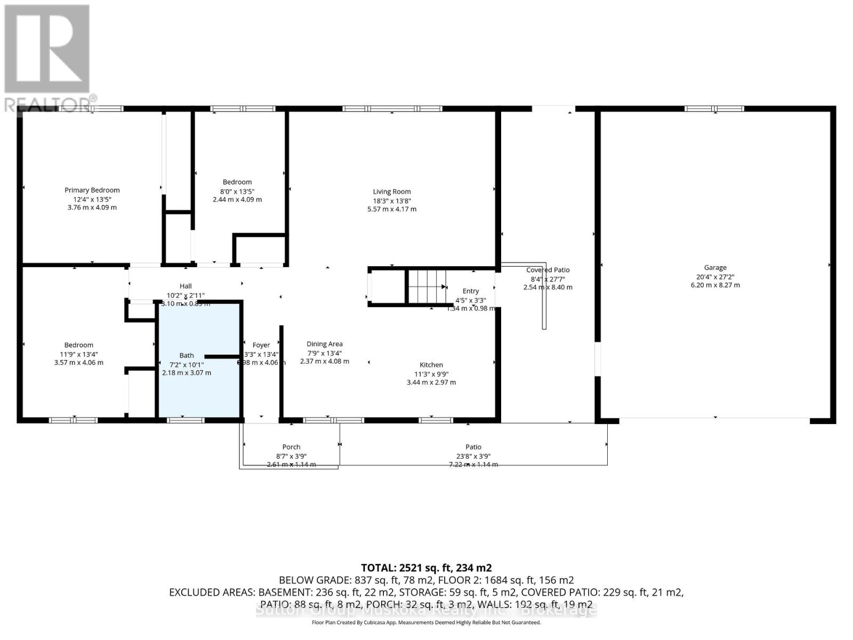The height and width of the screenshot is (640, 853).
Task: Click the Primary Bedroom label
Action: [92, 190]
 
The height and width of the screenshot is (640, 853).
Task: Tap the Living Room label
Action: [392, 191]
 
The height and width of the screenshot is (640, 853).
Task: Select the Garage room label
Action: [715, 268]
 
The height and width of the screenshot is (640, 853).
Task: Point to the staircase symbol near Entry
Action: [427, 286]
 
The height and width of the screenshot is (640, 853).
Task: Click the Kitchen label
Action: [431, 365]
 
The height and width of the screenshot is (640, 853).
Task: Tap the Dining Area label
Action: [324, 344]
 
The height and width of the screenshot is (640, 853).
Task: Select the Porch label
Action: [291, 447]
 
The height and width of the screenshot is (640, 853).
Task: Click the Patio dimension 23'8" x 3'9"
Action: [473, 456]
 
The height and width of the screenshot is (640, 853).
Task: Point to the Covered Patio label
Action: [548, 270]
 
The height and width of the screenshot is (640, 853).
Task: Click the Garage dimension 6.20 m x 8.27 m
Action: [715, 285]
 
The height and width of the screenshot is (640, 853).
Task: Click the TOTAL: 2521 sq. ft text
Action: [426, 568]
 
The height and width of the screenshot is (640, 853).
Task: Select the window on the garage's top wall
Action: [714, 109]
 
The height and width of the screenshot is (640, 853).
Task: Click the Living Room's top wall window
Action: [392, 109]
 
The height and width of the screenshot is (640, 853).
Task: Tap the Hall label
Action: [186, 286]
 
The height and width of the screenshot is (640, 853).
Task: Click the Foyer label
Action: [261, 345]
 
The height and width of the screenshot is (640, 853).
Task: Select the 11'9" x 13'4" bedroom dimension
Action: [79, 354]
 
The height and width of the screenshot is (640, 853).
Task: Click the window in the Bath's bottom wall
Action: [186, 420]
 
